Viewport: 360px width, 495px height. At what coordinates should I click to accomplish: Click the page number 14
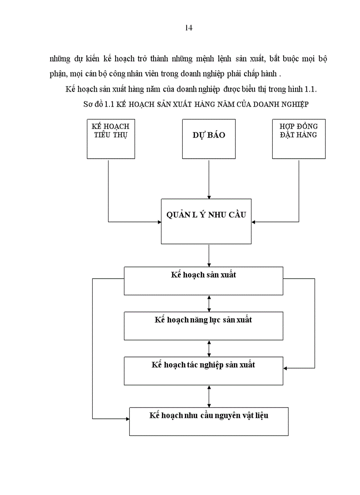click(188, 28)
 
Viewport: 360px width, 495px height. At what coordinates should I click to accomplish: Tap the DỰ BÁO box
click(209, 138)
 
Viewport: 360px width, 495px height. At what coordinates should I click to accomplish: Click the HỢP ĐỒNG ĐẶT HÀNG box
click(299, 138)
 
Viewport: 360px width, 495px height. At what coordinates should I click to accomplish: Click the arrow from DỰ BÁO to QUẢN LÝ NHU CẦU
click(209, 178)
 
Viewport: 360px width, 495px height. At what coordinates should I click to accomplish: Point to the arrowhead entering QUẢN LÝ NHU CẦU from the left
click(158, 222)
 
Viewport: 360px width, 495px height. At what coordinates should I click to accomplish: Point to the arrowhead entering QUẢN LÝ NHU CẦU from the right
click(255, 222)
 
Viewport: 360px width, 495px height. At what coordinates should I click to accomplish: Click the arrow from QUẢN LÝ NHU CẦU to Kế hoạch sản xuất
click(209, 255)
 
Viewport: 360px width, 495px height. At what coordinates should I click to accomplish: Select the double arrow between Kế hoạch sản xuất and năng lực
click(209, 304)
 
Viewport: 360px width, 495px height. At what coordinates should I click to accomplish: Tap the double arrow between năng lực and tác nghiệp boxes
click(209, 349)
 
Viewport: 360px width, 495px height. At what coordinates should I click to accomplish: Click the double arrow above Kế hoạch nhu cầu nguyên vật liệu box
click(209, 396)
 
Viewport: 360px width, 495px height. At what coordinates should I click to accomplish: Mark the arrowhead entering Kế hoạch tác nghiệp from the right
click(286, 367)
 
